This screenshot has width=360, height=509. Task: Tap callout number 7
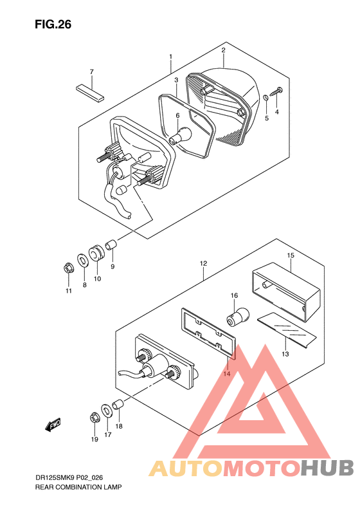click(x=91, y=71)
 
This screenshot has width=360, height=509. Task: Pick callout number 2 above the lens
click(x=223, y=50)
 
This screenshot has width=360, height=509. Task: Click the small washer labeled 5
click(x=266, y=98)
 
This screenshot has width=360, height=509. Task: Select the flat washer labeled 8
click(x=83, y=261)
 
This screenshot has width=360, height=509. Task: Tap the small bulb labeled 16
click(x=233, y=317)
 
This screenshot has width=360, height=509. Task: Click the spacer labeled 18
click(x=118, y=405)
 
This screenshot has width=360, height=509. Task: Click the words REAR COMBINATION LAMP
click(x=78, y=488)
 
